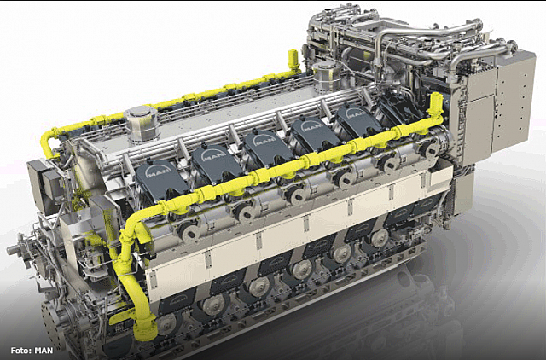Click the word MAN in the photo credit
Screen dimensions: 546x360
[44, 351]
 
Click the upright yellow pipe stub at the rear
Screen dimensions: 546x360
[293, 61]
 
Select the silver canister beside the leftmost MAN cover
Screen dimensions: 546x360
[142, 124]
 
